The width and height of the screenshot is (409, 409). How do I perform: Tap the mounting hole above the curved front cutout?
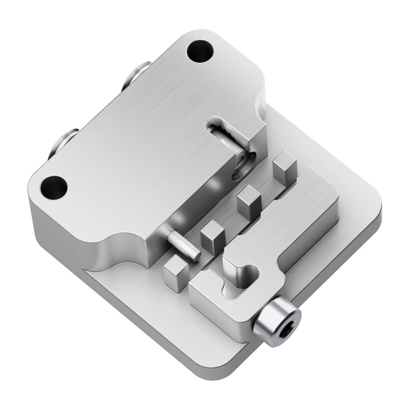(x=54, y=187)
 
